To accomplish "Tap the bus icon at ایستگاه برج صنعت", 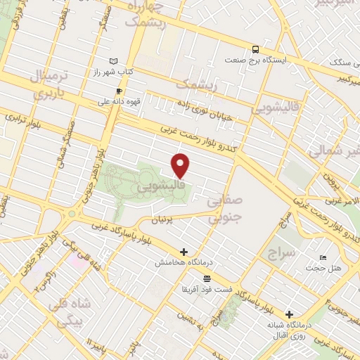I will [x=255, y=50].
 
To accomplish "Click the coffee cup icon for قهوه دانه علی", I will [x=119, y=91].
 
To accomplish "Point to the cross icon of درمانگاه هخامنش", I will [x=184, y=251].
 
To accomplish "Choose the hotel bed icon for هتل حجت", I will [x=323, y=258].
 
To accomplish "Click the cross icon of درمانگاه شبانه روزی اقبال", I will [x=288, y=314].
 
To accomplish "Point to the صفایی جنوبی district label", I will [x=226, y=209].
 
